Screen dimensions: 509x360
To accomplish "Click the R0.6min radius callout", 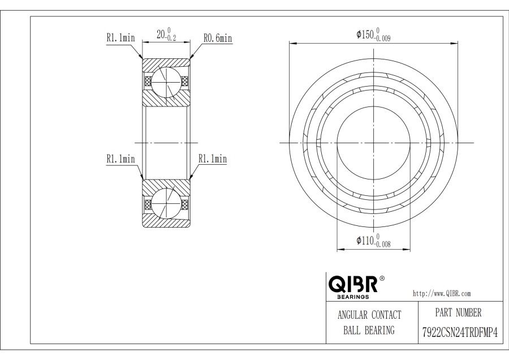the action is click(218, 38).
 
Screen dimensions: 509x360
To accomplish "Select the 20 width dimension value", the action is click(161, 34).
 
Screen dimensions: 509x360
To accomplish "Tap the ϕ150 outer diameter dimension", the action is click(373, 35).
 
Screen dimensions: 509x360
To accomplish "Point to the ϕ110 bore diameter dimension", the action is click(373, 241).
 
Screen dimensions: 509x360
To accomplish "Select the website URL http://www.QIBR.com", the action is click(442, 293).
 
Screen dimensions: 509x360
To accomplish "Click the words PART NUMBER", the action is click(458, 312).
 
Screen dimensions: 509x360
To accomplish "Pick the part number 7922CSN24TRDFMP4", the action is click(460, 332).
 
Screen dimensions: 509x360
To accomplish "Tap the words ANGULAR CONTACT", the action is click(369, 315).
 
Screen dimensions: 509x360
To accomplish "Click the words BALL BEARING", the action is click(369, 330).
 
